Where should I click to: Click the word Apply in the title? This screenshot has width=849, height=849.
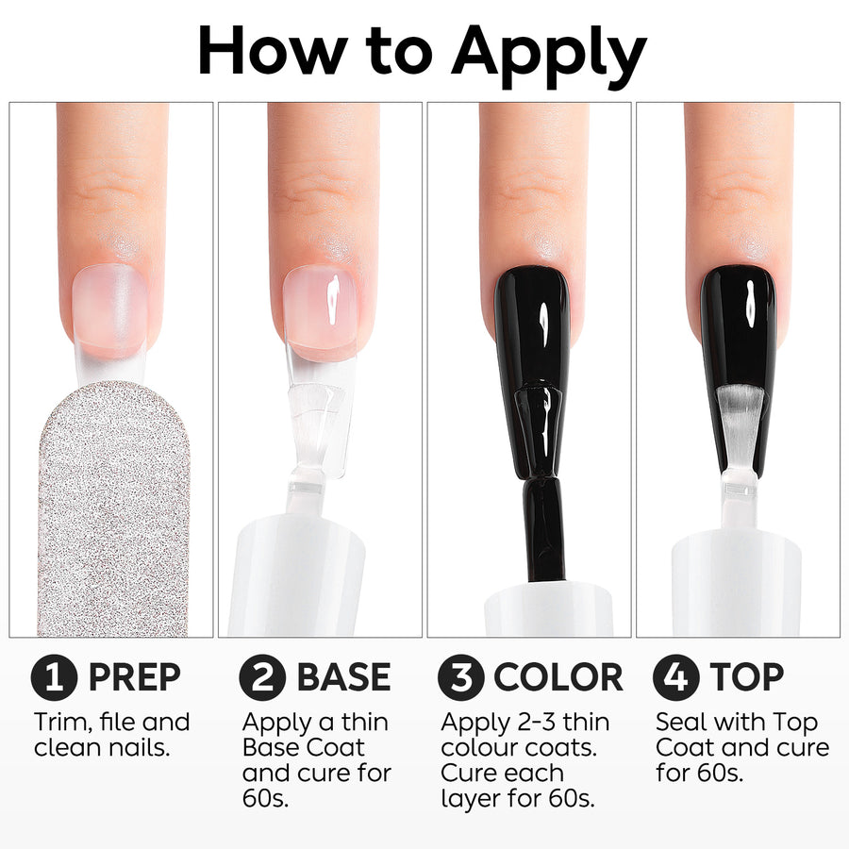point(549,56)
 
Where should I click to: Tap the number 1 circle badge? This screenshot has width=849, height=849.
point(54,677)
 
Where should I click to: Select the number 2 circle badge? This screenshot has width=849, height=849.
point(262,677)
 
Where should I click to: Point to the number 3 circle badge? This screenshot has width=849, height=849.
point(461,677)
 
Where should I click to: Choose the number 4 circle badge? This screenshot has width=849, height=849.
point(676,677)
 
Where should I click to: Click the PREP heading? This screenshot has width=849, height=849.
point(134,677)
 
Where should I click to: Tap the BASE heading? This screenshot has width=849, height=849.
point(343,677)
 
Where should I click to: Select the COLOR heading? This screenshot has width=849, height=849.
point(558,677)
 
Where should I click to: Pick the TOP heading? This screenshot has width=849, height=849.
point(747,677)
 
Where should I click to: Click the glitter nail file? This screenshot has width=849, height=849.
point(114,509)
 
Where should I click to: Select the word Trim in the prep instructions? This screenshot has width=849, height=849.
point(61,723)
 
